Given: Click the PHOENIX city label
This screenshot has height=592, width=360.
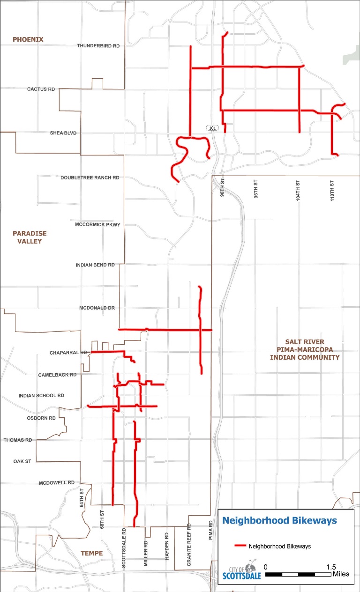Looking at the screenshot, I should click(x=28, y=39).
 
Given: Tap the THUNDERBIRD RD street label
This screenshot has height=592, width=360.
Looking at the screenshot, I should click(x=98, y=46).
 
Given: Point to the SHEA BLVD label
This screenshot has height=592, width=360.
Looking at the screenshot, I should click(x=63, y=133).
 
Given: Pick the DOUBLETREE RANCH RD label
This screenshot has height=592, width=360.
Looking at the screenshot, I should click(x=90, y=178).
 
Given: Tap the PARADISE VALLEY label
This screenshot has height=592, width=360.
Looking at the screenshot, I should click(x=30, y=237).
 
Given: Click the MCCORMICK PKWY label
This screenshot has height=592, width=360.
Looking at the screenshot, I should click(x=97, y=225).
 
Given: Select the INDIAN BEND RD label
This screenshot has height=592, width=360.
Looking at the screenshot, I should click(x=95, y=265).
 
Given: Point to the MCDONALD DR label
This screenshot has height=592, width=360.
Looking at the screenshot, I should click(x=97, y=308).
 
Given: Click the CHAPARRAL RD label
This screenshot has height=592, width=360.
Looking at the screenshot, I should click(x=68, y=352).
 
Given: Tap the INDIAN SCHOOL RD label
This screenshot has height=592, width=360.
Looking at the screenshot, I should click(x=41, y=396).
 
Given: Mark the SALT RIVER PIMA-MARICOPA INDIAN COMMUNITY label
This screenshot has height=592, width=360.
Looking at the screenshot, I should click(x=305, y=349).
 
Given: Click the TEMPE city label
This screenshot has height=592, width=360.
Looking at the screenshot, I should click(x=91, y=553).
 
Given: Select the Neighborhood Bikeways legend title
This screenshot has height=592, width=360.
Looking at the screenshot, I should click(x=279, y=520).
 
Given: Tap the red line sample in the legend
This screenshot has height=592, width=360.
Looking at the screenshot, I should click(x=240, y=546).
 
